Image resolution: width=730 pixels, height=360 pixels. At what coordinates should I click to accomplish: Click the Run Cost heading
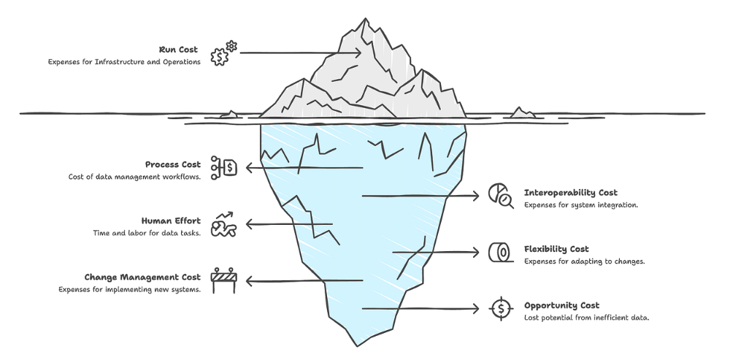tap(178, 50)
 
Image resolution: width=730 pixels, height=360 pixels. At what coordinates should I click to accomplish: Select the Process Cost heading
tap(172, 164)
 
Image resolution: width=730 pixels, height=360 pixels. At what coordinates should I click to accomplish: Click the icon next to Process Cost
tap(223, 167)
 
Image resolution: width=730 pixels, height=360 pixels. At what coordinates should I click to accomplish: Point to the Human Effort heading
tap(171, 221)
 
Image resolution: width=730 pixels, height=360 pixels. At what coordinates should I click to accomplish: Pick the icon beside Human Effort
tap(223, 224)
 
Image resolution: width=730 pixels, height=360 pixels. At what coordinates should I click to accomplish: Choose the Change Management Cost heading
tap(142, 277)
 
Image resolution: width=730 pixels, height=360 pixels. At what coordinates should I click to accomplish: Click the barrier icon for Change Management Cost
tap(223, 280)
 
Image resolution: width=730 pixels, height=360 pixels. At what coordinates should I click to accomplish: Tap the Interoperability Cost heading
tap(571, 193)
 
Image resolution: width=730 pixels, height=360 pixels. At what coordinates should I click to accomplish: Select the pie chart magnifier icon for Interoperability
tap(500, 196)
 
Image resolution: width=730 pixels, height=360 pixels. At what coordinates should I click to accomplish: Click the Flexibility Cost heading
tap(556, 249)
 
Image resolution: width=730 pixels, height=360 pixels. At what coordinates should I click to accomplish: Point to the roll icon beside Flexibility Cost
tap(500, 252)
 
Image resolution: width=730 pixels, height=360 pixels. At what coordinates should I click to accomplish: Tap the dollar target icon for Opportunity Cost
tap(500, 308)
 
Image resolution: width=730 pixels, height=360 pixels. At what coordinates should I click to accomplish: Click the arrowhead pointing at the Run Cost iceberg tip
tap(358, 53)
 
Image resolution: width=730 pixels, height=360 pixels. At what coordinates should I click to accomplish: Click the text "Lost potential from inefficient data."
tap(587, 318)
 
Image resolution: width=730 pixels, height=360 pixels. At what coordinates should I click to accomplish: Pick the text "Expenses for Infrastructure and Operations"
tap(124, 62)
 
